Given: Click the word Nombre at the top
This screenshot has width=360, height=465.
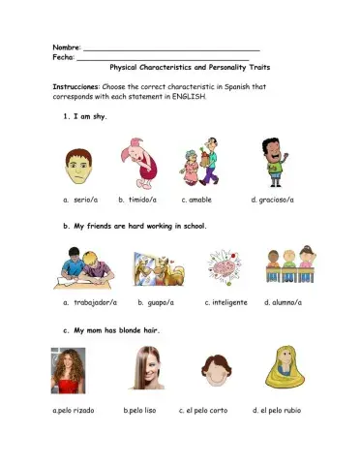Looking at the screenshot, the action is coord(67,46).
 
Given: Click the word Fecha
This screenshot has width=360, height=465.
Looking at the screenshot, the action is coord(64,57).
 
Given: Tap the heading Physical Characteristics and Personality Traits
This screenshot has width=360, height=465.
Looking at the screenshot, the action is coord(190,69).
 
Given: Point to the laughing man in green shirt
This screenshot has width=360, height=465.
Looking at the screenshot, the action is coord(273,161).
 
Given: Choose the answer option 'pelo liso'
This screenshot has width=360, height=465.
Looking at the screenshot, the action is coord(140,410).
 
